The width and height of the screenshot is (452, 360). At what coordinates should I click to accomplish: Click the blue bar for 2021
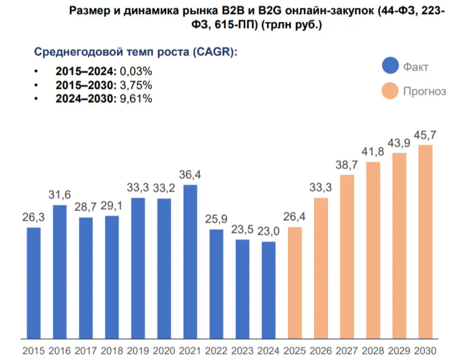[190, 261]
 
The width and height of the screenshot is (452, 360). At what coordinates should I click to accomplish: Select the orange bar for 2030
[425, 241]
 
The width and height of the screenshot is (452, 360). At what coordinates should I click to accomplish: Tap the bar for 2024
[269, 289]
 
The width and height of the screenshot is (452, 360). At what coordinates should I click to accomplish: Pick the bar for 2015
[33, 282]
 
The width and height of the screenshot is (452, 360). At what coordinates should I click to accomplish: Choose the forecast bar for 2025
[295, 282]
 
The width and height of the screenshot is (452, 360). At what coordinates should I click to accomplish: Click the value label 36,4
[190, 175]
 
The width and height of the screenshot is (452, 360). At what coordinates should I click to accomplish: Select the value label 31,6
[60, 195]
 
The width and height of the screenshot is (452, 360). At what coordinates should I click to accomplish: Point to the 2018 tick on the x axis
[112, 351]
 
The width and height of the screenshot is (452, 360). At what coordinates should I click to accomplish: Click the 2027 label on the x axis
[347, 351]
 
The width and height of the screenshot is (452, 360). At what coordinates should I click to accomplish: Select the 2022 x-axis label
[216, 351]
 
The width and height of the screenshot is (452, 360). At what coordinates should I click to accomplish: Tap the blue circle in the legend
[390, 66]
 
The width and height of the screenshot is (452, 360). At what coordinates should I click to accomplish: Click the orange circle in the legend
[390, 92]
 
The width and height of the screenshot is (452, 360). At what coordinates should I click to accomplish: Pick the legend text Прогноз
[425, 92]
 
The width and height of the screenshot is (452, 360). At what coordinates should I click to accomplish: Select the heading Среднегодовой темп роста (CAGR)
[135, 52]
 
